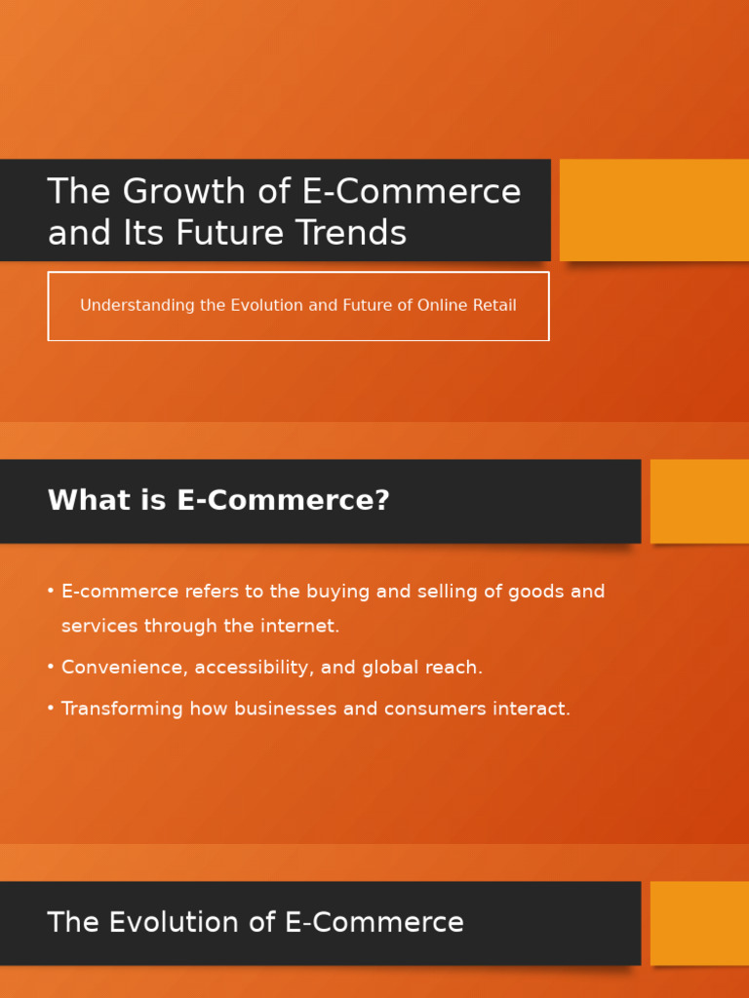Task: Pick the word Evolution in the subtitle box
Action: pyautogui.click(x=266, y=306)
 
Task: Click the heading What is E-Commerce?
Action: pyautogui.click(x=218, y=501)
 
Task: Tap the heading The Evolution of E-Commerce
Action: pyautogui.click(x=256, y=923)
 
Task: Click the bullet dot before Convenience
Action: pyautogui.click(x=51, y=668)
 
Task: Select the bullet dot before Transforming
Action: pyautogui.click(x=51, y=709)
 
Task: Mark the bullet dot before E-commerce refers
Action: pyautogui.click(x=51, y=592)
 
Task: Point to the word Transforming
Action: pyautogui.click(x=122, y=710)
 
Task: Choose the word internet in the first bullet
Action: pyautogui.click(x=297, y=627)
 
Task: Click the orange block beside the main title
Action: pyautogui.click(x=654, y=210)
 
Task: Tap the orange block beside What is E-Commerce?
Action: pyautogui.click(x=699, y=501)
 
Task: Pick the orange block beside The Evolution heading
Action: pyautogui.click(x=699, y=923)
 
